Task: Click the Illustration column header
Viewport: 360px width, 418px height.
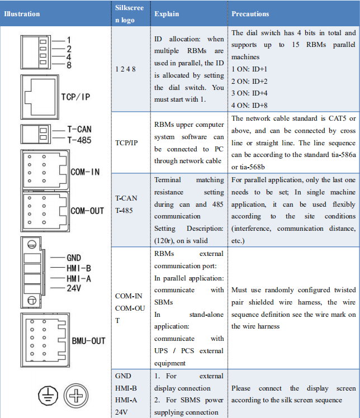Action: tap(22, 14)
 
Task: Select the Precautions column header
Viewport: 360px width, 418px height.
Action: tap(250, 14)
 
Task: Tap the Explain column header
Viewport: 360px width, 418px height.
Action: tap(167, 14)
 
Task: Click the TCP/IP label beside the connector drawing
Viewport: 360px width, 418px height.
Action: tap(75, 97)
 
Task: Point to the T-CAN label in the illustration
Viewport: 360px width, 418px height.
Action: tap(79, 129)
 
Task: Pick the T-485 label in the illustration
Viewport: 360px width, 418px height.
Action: tap(79, 140)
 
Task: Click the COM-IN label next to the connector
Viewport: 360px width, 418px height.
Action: tap(85, 172)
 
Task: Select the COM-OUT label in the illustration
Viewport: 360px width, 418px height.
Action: tap(87, 211)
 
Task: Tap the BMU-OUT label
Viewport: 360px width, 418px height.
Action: tap(88, 341)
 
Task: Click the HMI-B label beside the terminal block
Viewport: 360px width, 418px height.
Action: tap(79, 268)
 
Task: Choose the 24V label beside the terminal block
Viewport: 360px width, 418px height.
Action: tap(74, 288)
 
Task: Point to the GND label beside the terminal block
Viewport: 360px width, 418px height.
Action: tap(74, 258)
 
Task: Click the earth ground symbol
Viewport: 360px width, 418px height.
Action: tap(48, 396)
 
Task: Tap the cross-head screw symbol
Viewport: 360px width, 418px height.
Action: tap(76, 396)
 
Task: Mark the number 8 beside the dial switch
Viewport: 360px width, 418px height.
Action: tap(69, 65)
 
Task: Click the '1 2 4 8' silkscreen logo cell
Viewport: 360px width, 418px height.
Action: tap(125, 69)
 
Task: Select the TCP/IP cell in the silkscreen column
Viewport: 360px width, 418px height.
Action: tap(126, 143)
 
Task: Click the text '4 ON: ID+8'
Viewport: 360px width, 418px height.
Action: tap(249, 105)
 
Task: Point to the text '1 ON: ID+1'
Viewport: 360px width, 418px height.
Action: tap(249, 69)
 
